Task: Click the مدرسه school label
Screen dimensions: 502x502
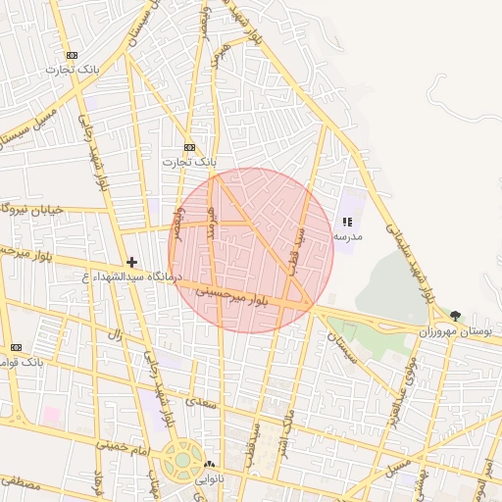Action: pyautogui.click(x=348, y=236)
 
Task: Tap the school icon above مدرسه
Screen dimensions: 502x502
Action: pyautogui.click(x=348, y=223)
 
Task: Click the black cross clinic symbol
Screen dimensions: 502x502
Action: pyautogui.click(x=131, y=262)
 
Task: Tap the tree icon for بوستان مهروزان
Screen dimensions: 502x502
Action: pyautogui.click(x=458, y=315)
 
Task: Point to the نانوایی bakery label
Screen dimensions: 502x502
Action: pyautogui.click(x=210, y=479)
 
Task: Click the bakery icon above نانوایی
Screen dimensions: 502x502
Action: pyautogui.click(x=208, y=465)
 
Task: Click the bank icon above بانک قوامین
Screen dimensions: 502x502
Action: pyautogui.click(x=16, y=347)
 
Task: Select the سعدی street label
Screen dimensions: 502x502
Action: pyautogui.click(x=205, y=401)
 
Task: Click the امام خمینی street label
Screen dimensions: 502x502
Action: pyautogui.click(x=123, y=444)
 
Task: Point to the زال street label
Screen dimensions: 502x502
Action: pyautogui.click(x=116, y=335)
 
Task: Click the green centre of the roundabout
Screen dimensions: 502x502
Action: pyautogui.click(x=179, y=461)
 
